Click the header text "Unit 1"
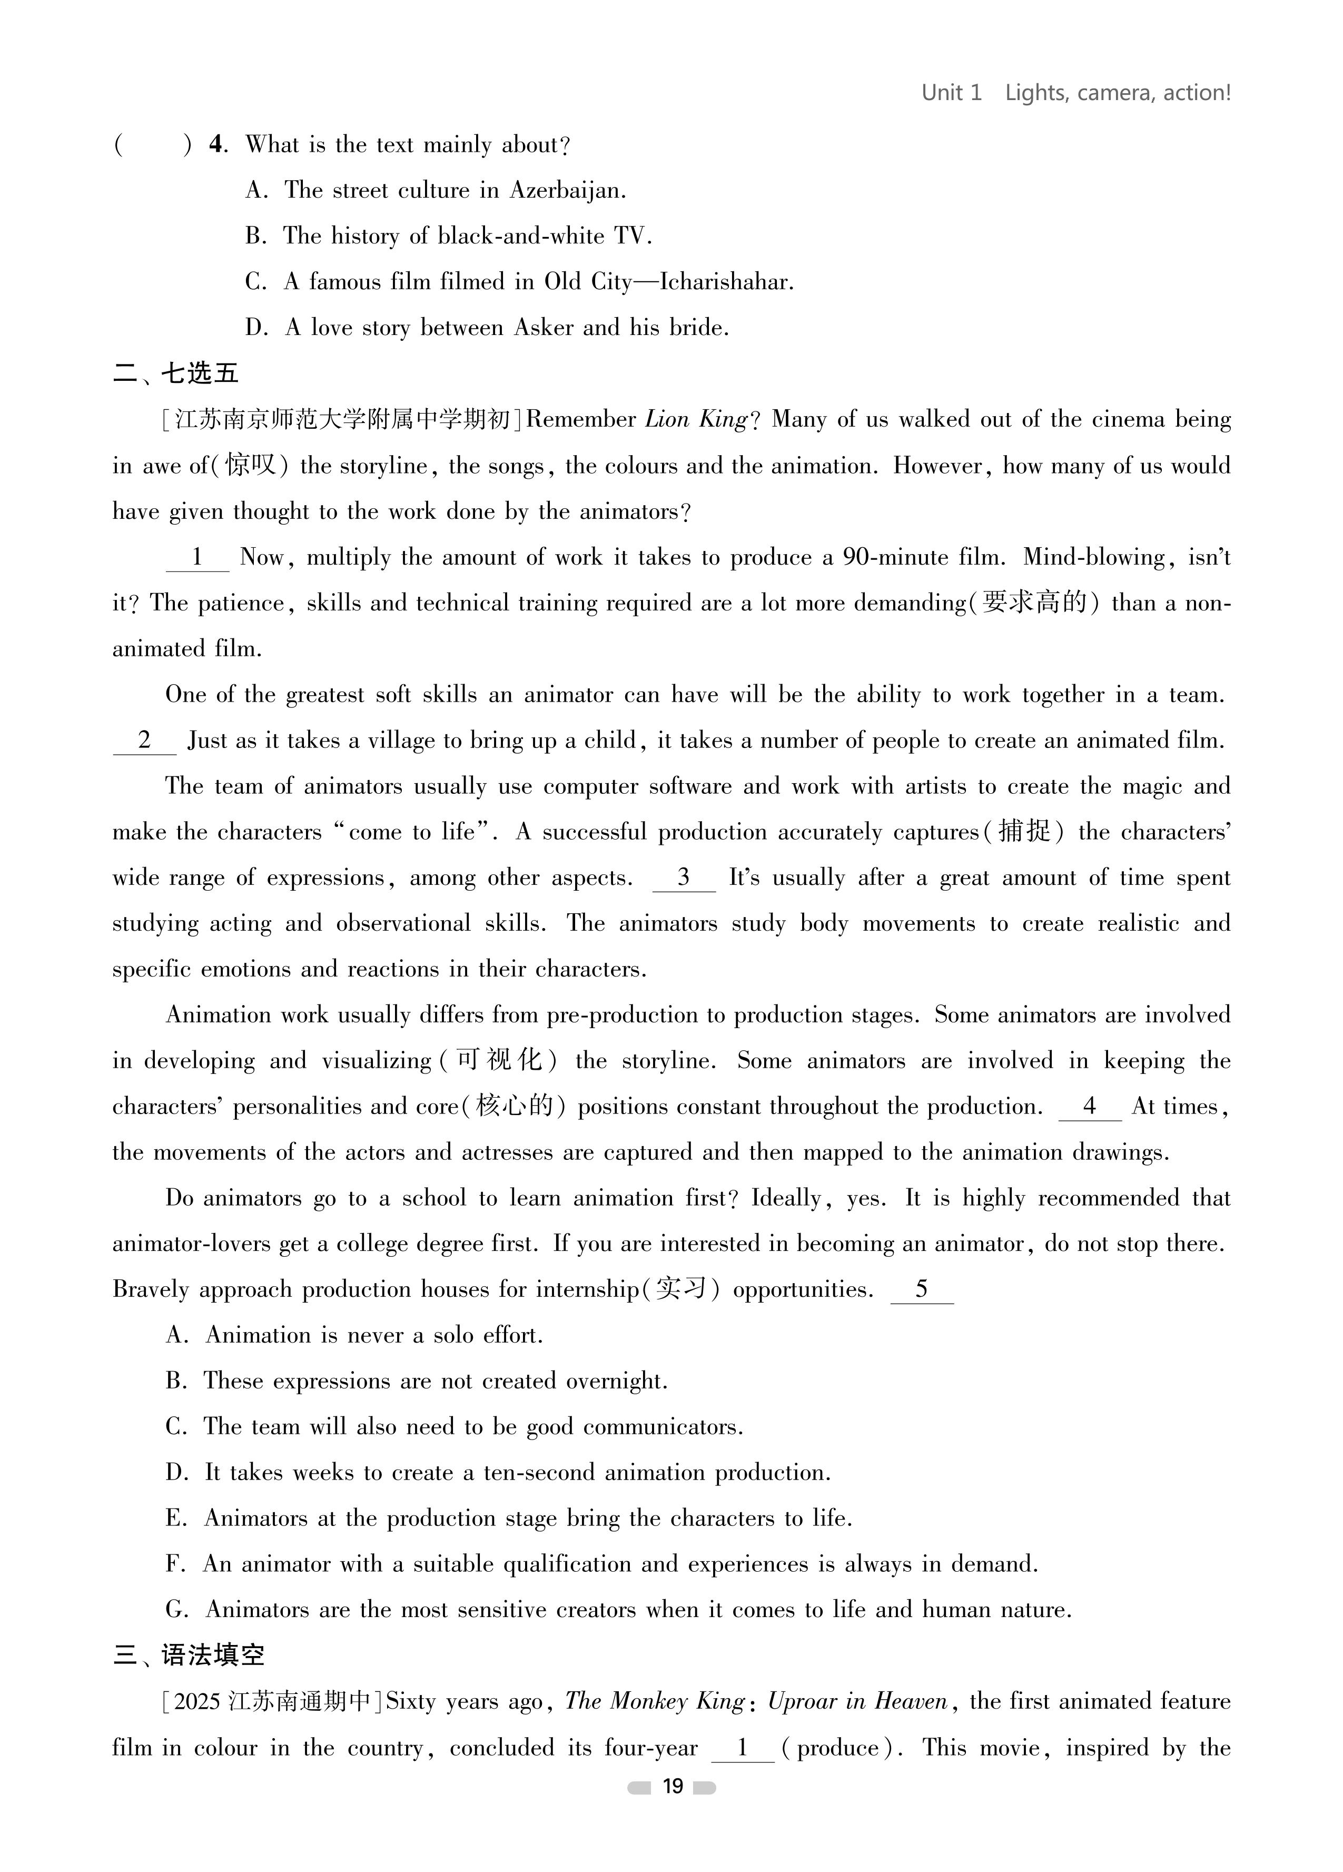point(951,93)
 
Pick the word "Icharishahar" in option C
point(726,282)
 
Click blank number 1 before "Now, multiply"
point(197,557)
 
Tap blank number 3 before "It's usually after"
point(684,878)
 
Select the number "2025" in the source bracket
point(197,1701)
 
